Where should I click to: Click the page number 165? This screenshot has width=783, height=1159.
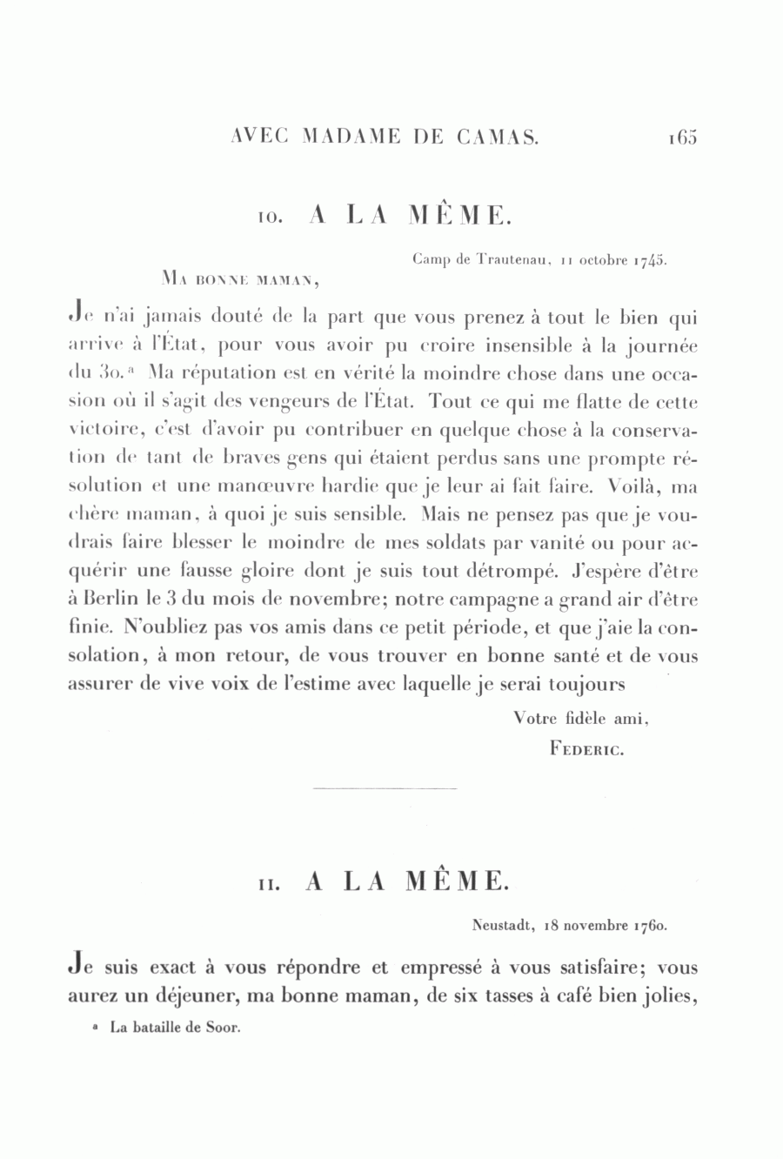[x=683, y=136]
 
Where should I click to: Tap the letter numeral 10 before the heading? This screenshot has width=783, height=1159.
[x=267, y=217]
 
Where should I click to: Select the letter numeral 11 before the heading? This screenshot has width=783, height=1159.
[x=267, y=883]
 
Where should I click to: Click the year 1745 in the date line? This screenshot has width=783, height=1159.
[x=650, y=259]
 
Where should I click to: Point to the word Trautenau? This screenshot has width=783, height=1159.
[x=505, y=259]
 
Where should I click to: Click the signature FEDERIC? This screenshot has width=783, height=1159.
[x=586, y=747]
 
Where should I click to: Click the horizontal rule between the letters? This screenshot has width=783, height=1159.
[x=384, y=788]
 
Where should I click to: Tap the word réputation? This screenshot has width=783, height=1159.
[x=198, y=375]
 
